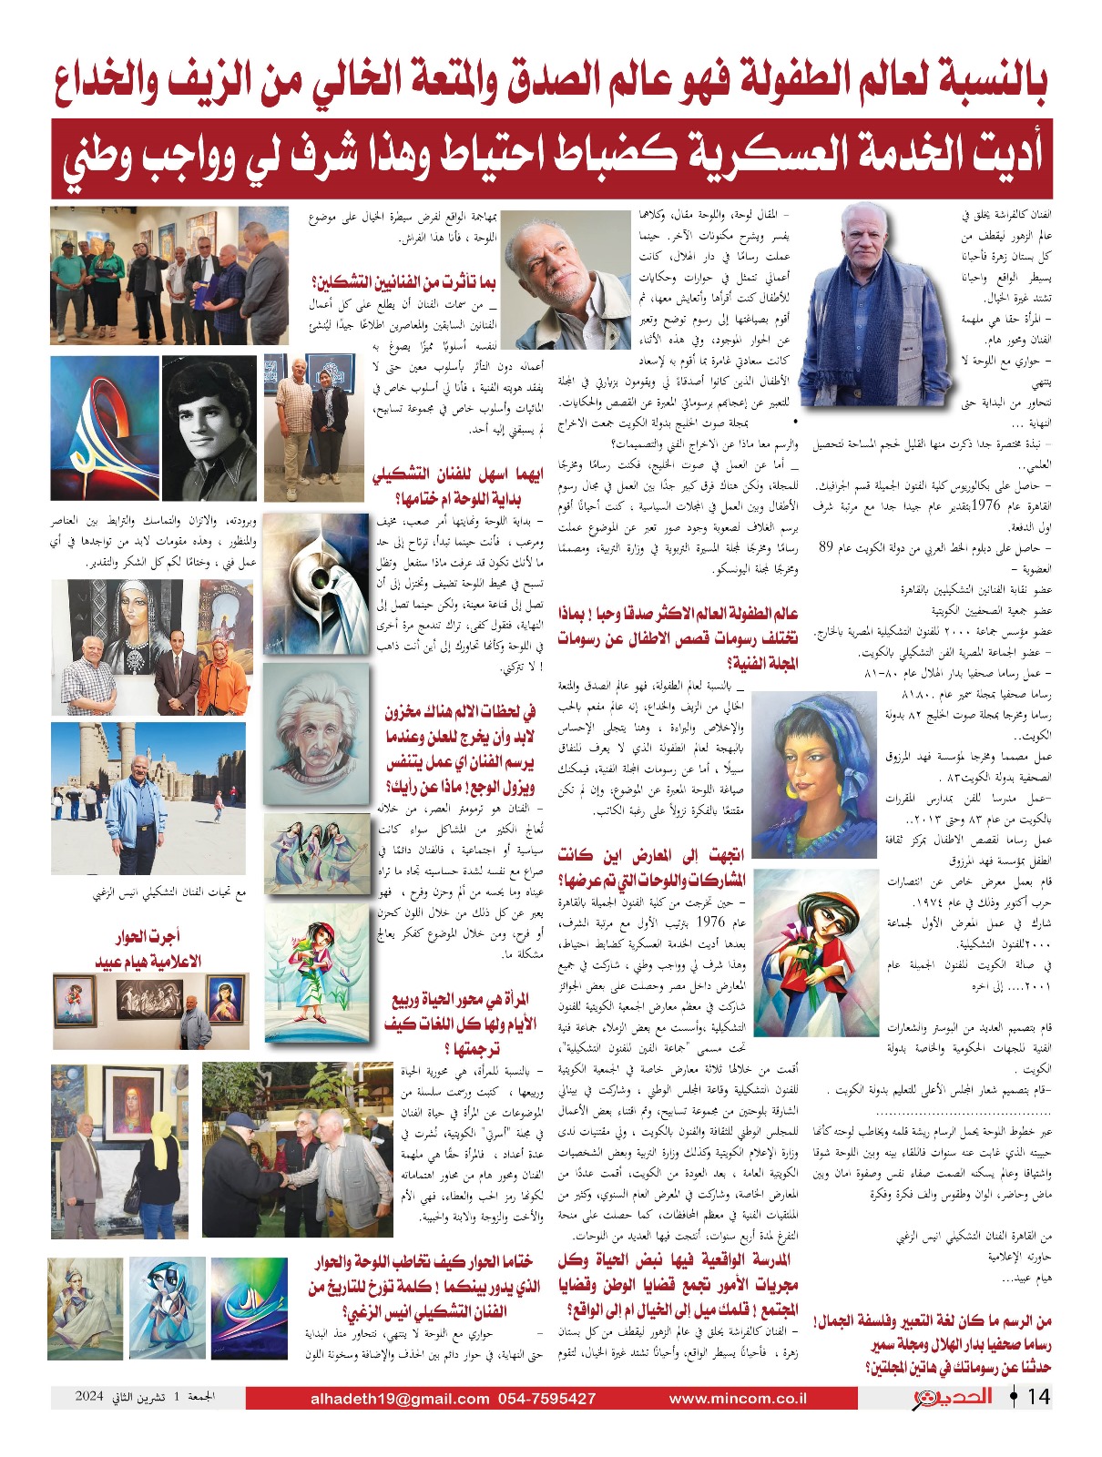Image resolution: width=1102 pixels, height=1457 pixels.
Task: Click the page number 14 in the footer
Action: coord(1039,1397)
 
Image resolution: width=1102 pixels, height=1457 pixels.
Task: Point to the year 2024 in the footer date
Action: coord(90,1396)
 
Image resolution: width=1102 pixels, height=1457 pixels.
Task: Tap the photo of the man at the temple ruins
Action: coord(148,798)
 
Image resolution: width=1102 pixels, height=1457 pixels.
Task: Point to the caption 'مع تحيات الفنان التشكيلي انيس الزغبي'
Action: coord(169,892)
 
